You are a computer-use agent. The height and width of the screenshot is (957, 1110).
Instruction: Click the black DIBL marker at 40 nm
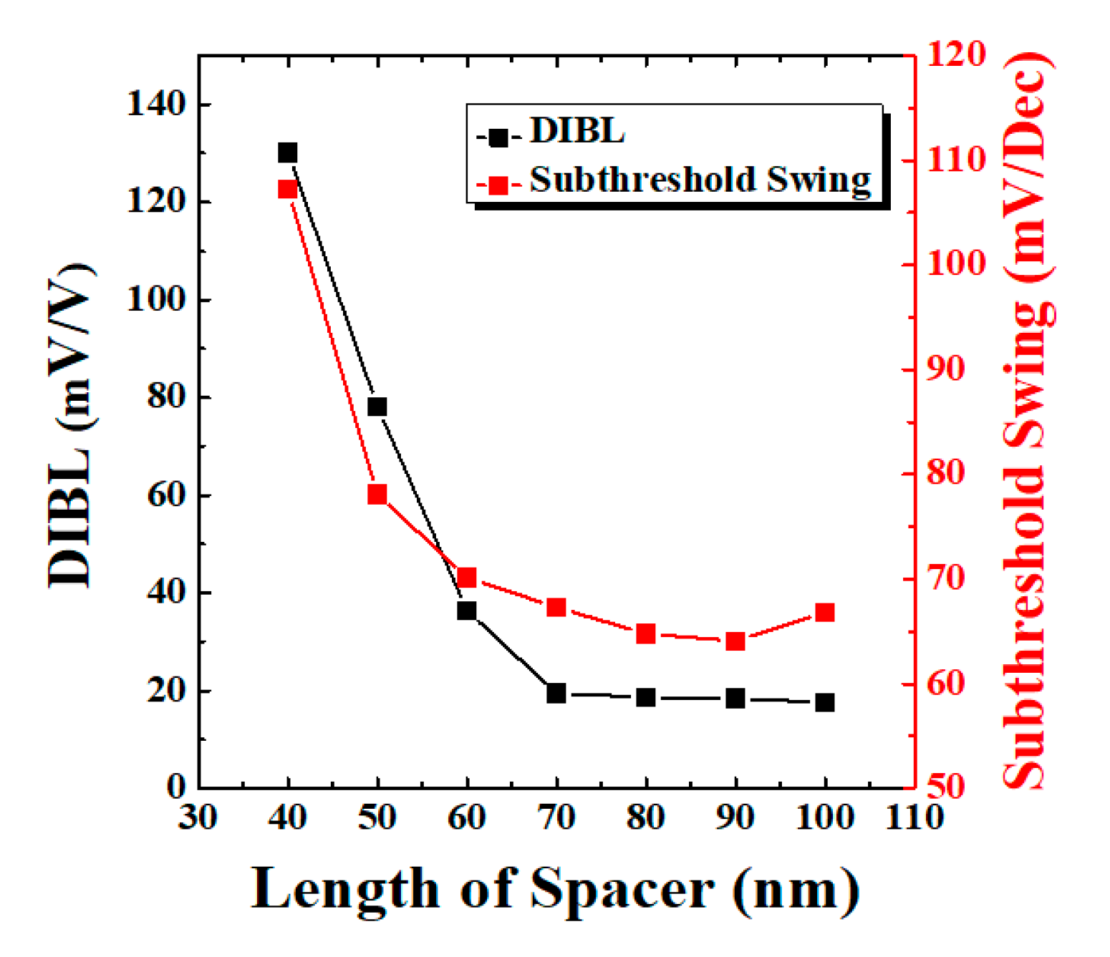(288, 152)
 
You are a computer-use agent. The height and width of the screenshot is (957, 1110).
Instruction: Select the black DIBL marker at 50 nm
(377, 407)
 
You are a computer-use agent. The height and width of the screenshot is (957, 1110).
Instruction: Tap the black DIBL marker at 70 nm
(556, 693)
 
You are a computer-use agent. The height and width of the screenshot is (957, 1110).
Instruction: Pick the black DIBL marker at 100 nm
(825, 702)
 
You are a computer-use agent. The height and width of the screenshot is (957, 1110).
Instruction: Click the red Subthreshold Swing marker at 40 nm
(288, 189)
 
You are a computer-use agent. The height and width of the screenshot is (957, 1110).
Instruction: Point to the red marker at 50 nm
(377, 494)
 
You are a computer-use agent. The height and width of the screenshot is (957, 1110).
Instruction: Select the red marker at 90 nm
(735, 641)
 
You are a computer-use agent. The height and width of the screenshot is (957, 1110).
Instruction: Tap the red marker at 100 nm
(825, 612)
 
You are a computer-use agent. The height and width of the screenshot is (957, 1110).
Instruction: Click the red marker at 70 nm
(556, 607)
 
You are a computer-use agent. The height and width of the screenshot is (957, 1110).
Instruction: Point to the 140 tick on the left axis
(156, 105)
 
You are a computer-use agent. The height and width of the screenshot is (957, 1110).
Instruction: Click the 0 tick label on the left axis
(176, 787)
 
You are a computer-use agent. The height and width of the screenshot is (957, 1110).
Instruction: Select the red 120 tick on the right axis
(957, 54)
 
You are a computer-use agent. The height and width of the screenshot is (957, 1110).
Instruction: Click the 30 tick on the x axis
(198, 817)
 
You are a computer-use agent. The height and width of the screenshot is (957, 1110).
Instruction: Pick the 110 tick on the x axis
(914, 817)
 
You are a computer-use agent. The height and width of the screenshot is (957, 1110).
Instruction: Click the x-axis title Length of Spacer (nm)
(555, 890)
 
